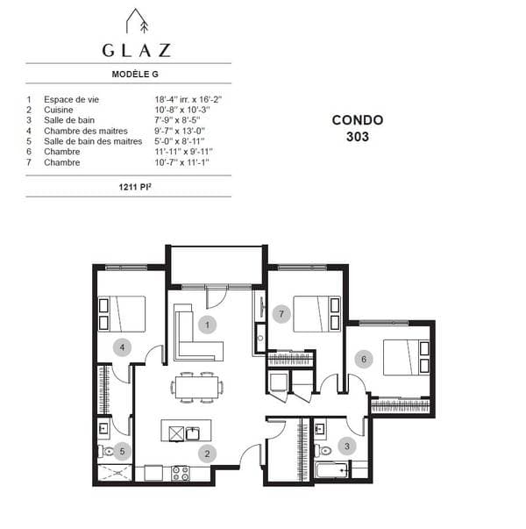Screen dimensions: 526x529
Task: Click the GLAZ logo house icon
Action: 137,21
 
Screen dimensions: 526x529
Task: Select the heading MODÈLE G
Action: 135,75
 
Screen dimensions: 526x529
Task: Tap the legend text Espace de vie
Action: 72,99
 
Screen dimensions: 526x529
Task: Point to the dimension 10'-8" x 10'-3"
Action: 182,110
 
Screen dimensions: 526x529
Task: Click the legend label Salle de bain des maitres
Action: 93,141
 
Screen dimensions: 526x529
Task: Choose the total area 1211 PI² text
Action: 135,187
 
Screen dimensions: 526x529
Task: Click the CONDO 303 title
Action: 358,128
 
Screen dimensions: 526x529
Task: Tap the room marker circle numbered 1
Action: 208,325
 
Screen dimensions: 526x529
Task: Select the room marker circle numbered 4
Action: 122,347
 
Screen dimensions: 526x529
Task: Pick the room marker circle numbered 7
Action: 281,314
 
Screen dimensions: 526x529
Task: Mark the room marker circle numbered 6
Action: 364,359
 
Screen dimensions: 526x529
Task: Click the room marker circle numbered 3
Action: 347,447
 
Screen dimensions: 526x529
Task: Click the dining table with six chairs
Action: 197,387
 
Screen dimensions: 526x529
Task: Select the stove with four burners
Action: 181,473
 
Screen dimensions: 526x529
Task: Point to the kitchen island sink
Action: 193,433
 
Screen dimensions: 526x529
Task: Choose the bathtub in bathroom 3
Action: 332,470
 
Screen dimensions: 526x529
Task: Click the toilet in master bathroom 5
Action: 105,451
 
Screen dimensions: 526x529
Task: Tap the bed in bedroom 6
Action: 406,357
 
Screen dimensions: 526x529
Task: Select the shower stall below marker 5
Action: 115,473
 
